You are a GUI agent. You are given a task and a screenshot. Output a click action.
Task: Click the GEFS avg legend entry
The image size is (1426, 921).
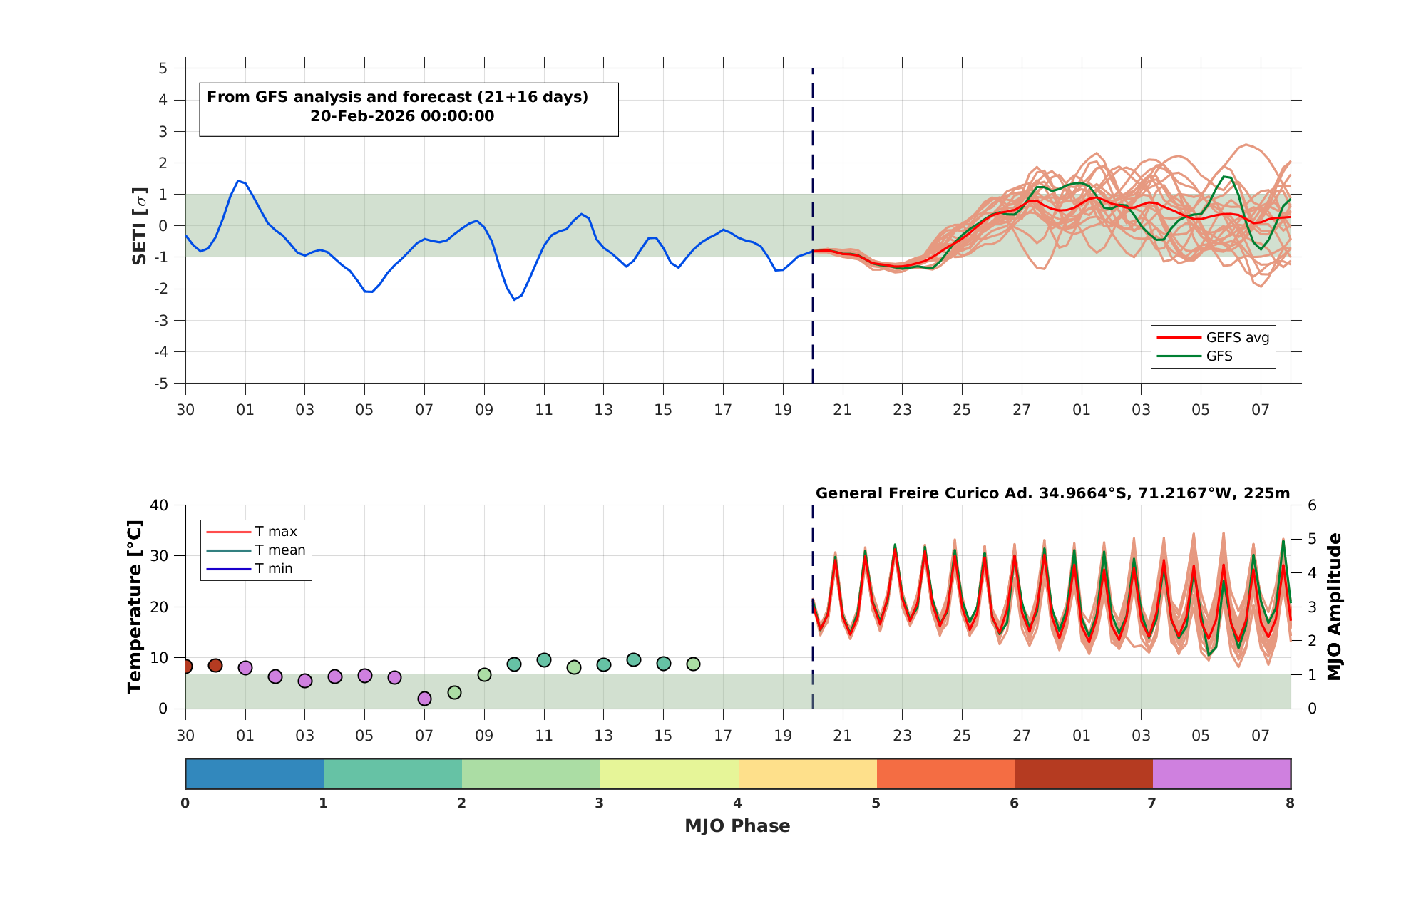pyautogui.click(x=1213, y=337)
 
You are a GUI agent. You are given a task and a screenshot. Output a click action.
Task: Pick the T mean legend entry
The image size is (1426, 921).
pyautogui.click(x=256, y=550)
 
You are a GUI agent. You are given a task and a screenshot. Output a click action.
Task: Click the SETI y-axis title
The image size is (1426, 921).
pyautogui.click(x=140, y=226)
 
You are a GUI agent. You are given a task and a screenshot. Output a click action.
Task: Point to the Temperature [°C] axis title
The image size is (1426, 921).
pyautogui.click(x=134, y=607)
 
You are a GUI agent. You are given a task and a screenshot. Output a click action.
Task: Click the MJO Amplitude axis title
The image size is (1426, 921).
pyautogui.click(x=1334, y=607)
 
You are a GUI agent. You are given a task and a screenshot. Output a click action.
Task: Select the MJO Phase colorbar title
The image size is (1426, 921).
pyautogui.click(x=737, y=825)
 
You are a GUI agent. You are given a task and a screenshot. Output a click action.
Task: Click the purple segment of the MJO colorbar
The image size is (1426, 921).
pyautogui.click(x=1221, y=773)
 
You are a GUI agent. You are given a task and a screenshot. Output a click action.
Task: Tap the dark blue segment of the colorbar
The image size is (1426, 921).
pyautogui.click(x=255, y=773)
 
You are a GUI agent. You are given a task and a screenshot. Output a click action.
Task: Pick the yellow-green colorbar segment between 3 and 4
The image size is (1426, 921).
pyautogui.click(x=670, y=773)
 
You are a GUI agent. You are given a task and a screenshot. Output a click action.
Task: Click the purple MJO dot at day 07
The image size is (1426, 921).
pyautogui.click(x=424, y=699)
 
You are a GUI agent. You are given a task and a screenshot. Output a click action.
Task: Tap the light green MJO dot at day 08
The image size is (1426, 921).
pyautogui.click(x=454, y=692)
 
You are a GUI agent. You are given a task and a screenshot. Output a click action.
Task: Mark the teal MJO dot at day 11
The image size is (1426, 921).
pyautogui.click(x=544, y=660)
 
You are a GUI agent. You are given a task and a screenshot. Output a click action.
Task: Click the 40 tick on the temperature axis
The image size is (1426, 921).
pyautogui.click(x=159, y=505)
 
